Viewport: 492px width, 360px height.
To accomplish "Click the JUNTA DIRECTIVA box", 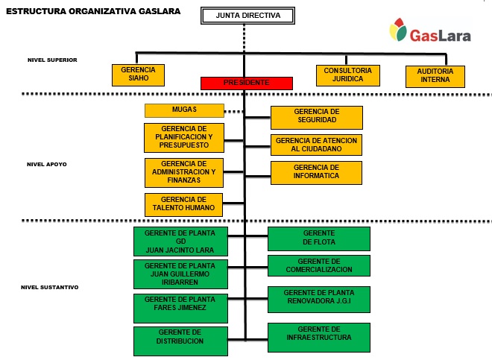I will tap(244, 16).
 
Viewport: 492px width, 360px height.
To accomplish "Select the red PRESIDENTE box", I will tap(245, 83).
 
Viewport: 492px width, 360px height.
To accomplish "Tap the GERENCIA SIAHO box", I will tap(137, 75).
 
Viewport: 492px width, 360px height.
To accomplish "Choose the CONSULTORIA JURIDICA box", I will tap(348, 75).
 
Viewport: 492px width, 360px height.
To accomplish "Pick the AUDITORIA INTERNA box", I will tap(435, 76).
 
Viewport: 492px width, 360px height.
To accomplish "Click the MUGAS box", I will tap(184, 110).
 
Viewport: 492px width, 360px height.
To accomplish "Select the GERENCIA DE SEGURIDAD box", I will tap(317, 117).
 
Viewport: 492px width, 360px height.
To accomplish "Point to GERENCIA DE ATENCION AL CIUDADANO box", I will tap(317, 145).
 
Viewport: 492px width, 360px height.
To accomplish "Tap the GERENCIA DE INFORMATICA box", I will tap(317, 172).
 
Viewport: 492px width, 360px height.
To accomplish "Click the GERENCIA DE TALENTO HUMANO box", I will tap(184, 203).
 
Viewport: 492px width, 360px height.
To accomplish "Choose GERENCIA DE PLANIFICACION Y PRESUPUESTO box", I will tap(184, 138).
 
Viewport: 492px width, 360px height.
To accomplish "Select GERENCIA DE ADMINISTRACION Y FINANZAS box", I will tap(184, 172).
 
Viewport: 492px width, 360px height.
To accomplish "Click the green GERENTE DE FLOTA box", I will tap(319, 239).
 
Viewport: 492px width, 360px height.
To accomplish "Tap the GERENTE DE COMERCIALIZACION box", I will tap(319, 265).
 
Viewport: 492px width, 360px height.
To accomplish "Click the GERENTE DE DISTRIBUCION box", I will tap(180, 341).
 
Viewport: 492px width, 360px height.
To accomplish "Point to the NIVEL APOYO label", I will tap(47, 164).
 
